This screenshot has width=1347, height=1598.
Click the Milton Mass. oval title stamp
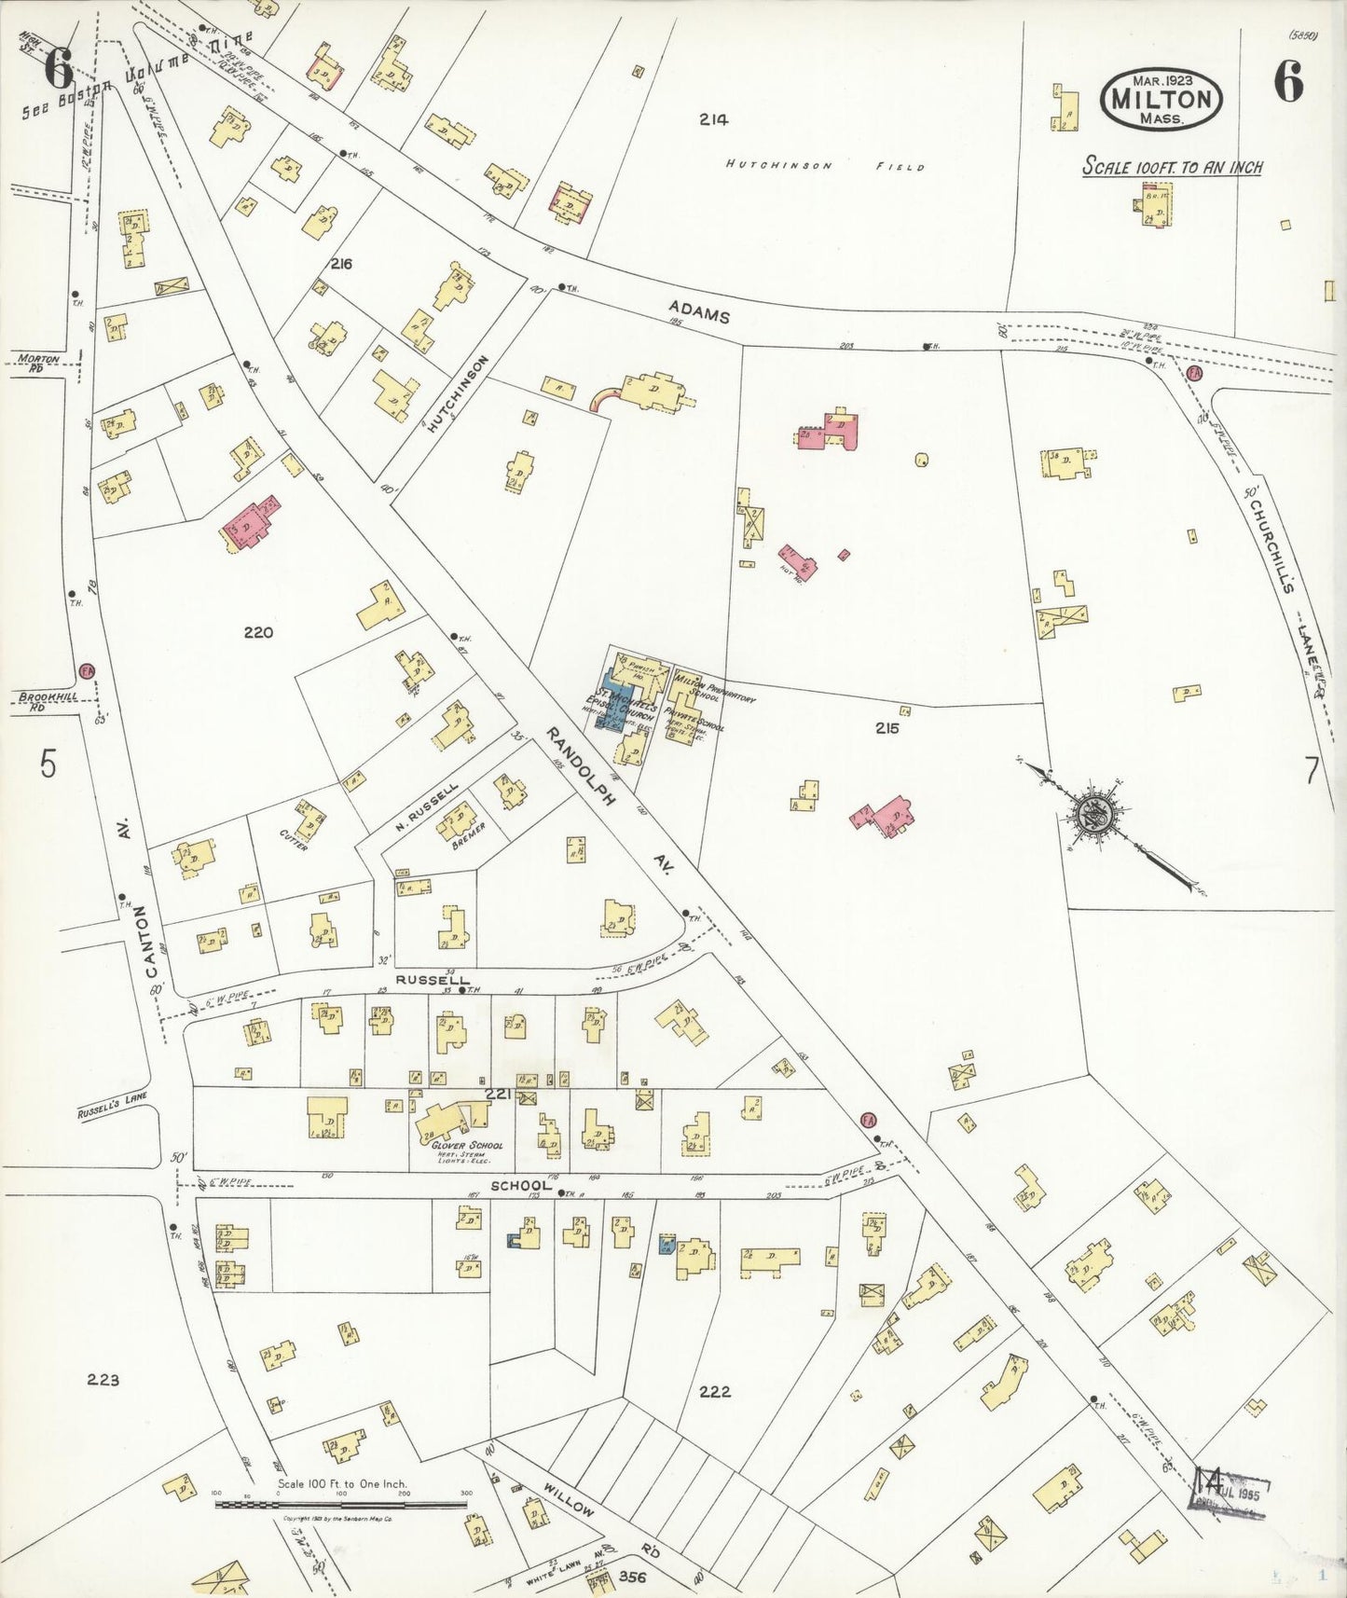click(1161, 100)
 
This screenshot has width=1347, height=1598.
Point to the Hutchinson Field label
click(826, 166)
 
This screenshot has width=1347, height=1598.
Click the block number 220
click(258, 632)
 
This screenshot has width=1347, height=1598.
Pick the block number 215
click(887, 727)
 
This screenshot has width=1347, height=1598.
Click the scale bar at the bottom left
click(341, 1505)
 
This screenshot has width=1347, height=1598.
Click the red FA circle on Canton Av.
click(88, 670)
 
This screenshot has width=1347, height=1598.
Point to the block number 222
click(714, 1392)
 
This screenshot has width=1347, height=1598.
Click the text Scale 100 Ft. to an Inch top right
click(1172, 167)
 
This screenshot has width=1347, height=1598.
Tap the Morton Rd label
click(38, 362)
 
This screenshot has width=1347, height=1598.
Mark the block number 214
click(713, 118)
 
